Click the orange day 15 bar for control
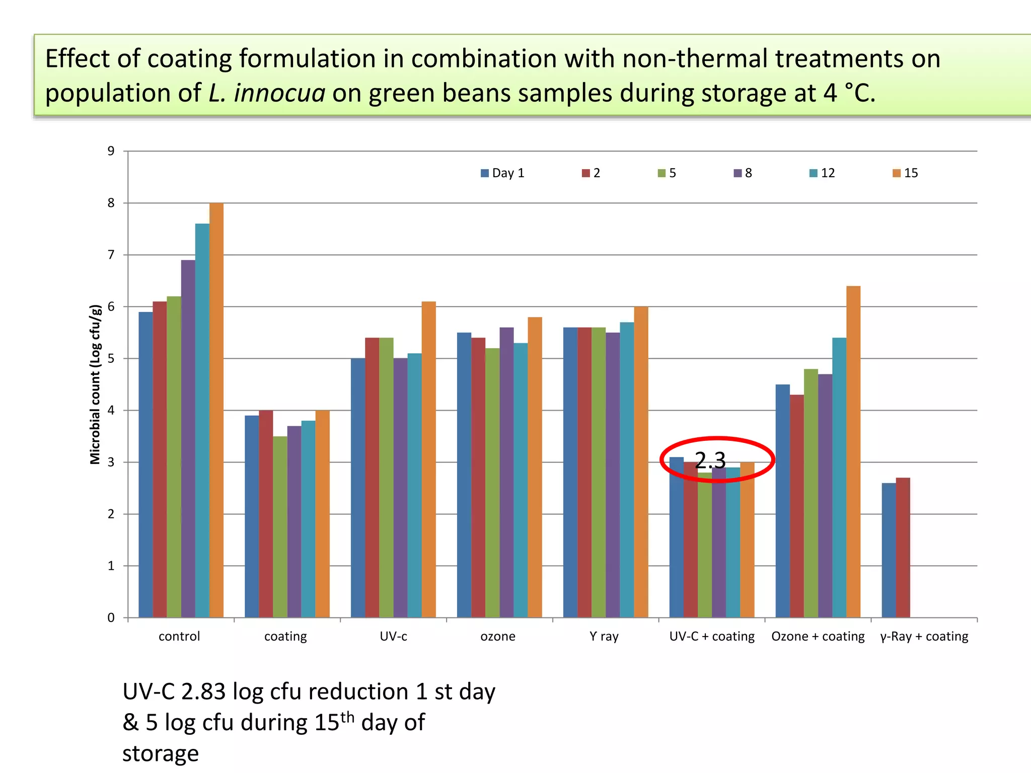click(216, 410)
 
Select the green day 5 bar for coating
click(280, 527)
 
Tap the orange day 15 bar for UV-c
click(429, 459)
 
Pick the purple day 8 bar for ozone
click(507, 473)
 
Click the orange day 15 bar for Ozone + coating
click(853, 452)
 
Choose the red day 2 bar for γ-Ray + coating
click(903, 548)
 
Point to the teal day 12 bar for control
click(202, 421)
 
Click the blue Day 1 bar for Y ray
click(570, 473)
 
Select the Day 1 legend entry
click(502, 173)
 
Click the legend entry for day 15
click(905, 173)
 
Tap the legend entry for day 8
click(743, 173)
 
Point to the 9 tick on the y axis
click(111, 151)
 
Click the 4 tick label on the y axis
click(111, 410)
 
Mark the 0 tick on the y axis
click(111, 618)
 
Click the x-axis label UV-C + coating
click(712, 637)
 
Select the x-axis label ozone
click(498, 637)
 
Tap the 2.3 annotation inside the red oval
click(710, 460)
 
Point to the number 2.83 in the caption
click(203, 692)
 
